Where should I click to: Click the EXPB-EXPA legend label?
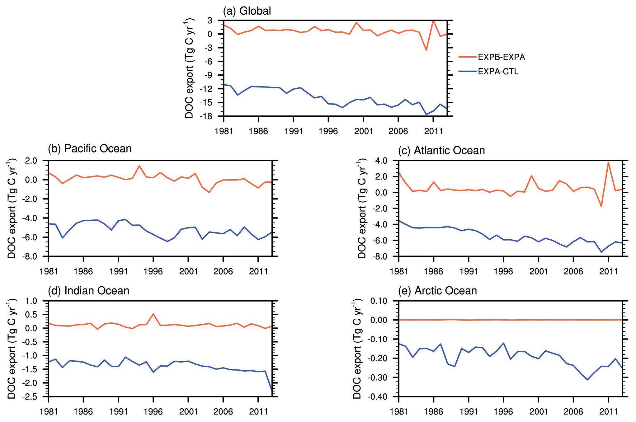point(501,57)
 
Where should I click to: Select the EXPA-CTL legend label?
point(498,72)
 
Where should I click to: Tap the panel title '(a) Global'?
point(247,11)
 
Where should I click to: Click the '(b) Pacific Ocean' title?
point(90,149)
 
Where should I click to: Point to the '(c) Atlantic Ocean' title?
point(441,151)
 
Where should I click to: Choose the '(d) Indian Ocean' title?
point(88,291)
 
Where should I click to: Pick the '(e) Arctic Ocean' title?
point(437,291)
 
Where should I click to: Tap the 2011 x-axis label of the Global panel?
point(433,131)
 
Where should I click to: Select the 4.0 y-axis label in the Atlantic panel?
point(381,161)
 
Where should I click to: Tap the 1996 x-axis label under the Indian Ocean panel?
point(153,412)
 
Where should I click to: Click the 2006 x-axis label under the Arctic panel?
point(573,412)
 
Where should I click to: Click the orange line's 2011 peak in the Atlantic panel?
point(608,162)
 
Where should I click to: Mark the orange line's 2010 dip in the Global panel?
point(426,50)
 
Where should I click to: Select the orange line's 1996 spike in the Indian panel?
point(153,314)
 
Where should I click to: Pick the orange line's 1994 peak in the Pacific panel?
point(139,166)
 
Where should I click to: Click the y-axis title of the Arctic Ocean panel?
point(357,349)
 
